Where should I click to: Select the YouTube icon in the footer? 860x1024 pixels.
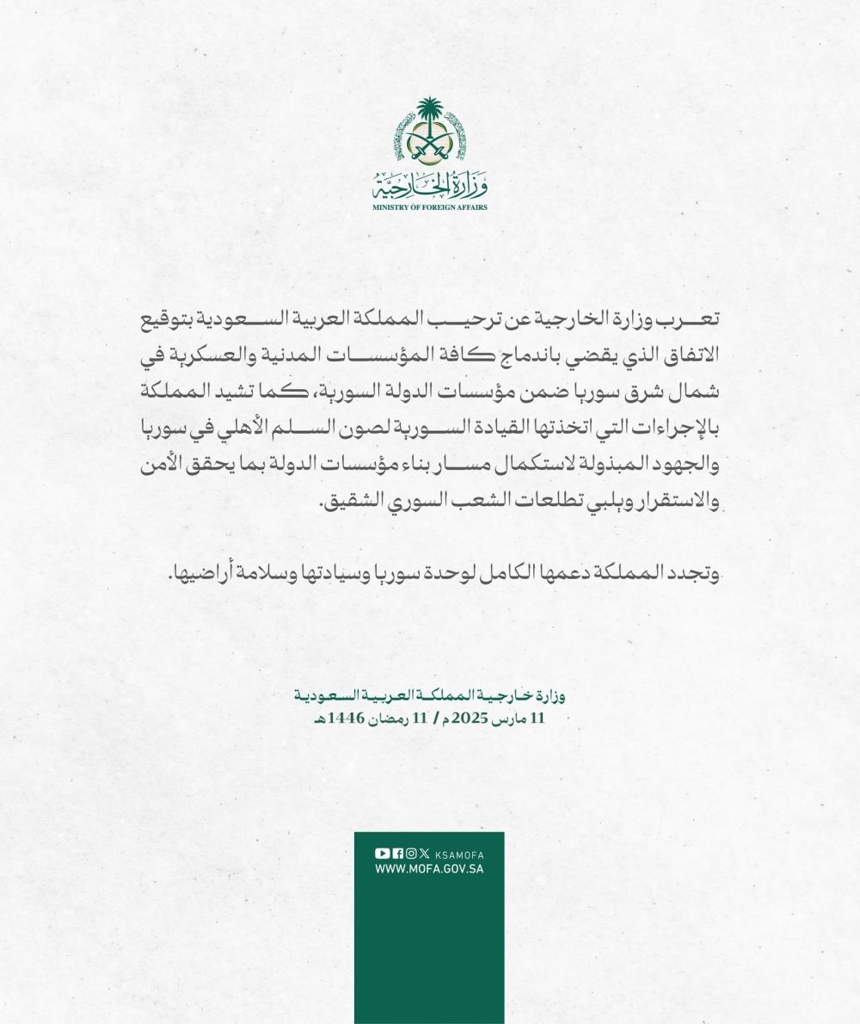click(382, 853)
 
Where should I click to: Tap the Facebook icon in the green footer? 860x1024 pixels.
click(397, 853)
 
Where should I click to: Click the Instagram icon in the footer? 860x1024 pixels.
click(411, 853)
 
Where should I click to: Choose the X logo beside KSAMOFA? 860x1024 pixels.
click(424, 853)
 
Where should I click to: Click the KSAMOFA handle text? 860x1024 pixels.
click(459, 854)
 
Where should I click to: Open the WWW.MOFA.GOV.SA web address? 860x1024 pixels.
click(429, 869)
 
